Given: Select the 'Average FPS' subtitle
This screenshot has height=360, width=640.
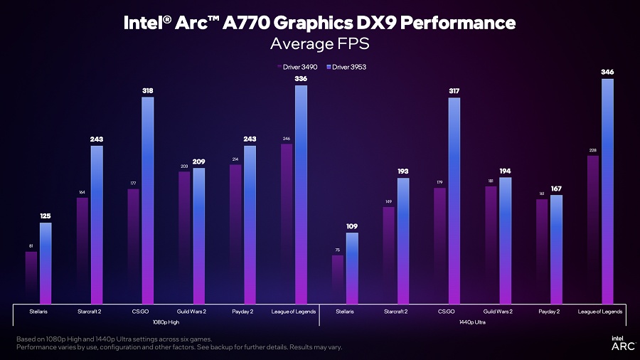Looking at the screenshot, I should click(x=319, y=44).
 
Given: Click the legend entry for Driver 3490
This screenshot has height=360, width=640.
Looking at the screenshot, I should click(x=298, y=67).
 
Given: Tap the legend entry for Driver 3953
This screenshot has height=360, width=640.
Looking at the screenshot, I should click(x=346, y=67).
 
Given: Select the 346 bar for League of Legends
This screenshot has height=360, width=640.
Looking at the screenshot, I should click(x=607, y=192).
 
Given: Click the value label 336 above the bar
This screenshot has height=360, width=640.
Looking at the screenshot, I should click(x=301, y=79).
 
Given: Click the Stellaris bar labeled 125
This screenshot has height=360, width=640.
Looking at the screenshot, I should click(x=46, y=263).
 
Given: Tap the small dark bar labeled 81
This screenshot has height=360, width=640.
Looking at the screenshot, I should click(x=31, y=277).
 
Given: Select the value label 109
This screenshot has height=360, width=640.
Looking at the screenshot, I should click(x=352, y=226).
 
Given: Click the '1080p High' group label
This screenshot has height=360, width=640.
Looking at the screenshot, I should click(x=166, y=322).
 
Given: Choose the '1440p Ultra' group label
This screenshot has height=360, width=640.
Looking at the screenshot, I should click(x=473, y=322).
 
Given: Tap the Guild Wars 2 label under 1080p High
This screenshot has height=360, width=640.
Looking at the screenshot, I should click(x=191, y=311).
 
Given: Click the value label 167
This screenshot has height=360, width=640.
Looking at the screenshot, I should click(x=556, y=189).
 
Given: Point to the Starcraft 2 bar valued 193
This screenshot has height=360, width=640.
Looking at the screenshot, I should click(x=403, y=241).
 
